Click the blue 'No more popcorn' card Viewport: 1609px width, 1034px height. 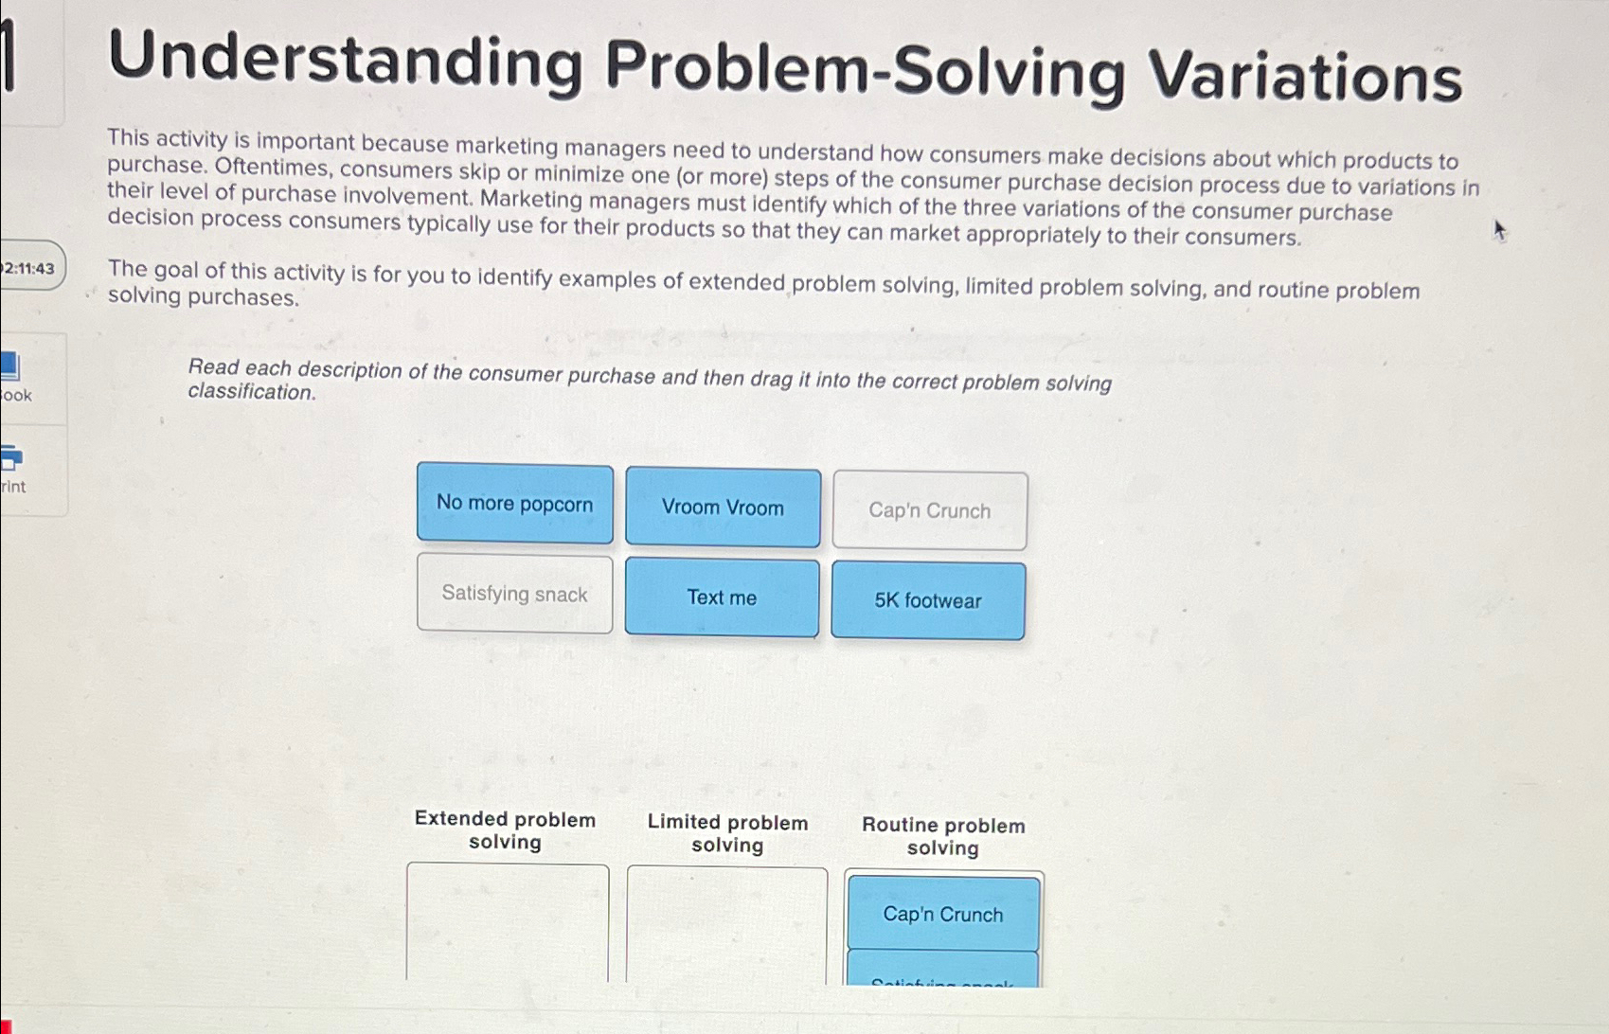click(514, 504)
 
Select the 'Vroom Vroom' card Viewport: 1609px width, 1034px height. click(723, 508)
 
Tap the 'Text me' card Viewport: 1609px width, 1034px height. click(722, 597)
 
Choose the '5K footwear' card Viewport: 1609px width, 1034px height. click(928, 601)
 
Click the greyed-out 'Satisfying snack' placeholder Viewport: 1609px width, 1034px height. click(514, 594)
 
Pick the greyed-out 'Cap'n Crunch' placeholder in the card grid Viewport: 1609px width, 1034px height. click(930, 511)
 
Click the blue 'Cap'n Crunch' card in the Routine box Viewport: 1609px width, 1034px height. click(943, 914)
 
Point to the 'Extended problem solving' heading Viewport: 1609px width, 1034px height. click(505, 830)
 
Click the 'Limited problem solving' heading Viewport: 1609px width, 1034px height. click(727, 833)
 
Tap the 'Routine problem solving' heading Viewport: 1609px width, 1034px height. click(943, 836)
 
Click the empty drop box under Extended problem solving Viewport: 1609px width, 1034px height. click(508, 923)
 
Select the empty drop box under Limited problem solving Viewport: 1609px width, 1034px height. click(726, 926)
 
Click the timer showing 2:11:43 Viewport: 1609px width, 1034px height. click(29, 269)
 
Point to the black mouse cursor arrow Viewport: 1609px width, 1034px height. click(1499, 230)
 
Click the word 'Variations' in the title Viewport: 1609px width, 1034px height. click(1305, 76)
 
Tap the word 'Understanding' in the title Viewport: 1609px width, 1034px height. click(346, 59)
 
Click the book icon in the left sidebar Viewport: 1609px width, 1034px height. click(10, 365)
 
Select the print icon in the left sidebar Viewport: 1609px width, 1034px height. click(10, 458)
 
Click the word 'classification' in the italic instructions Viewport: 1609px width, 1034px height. click(251, 392)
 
